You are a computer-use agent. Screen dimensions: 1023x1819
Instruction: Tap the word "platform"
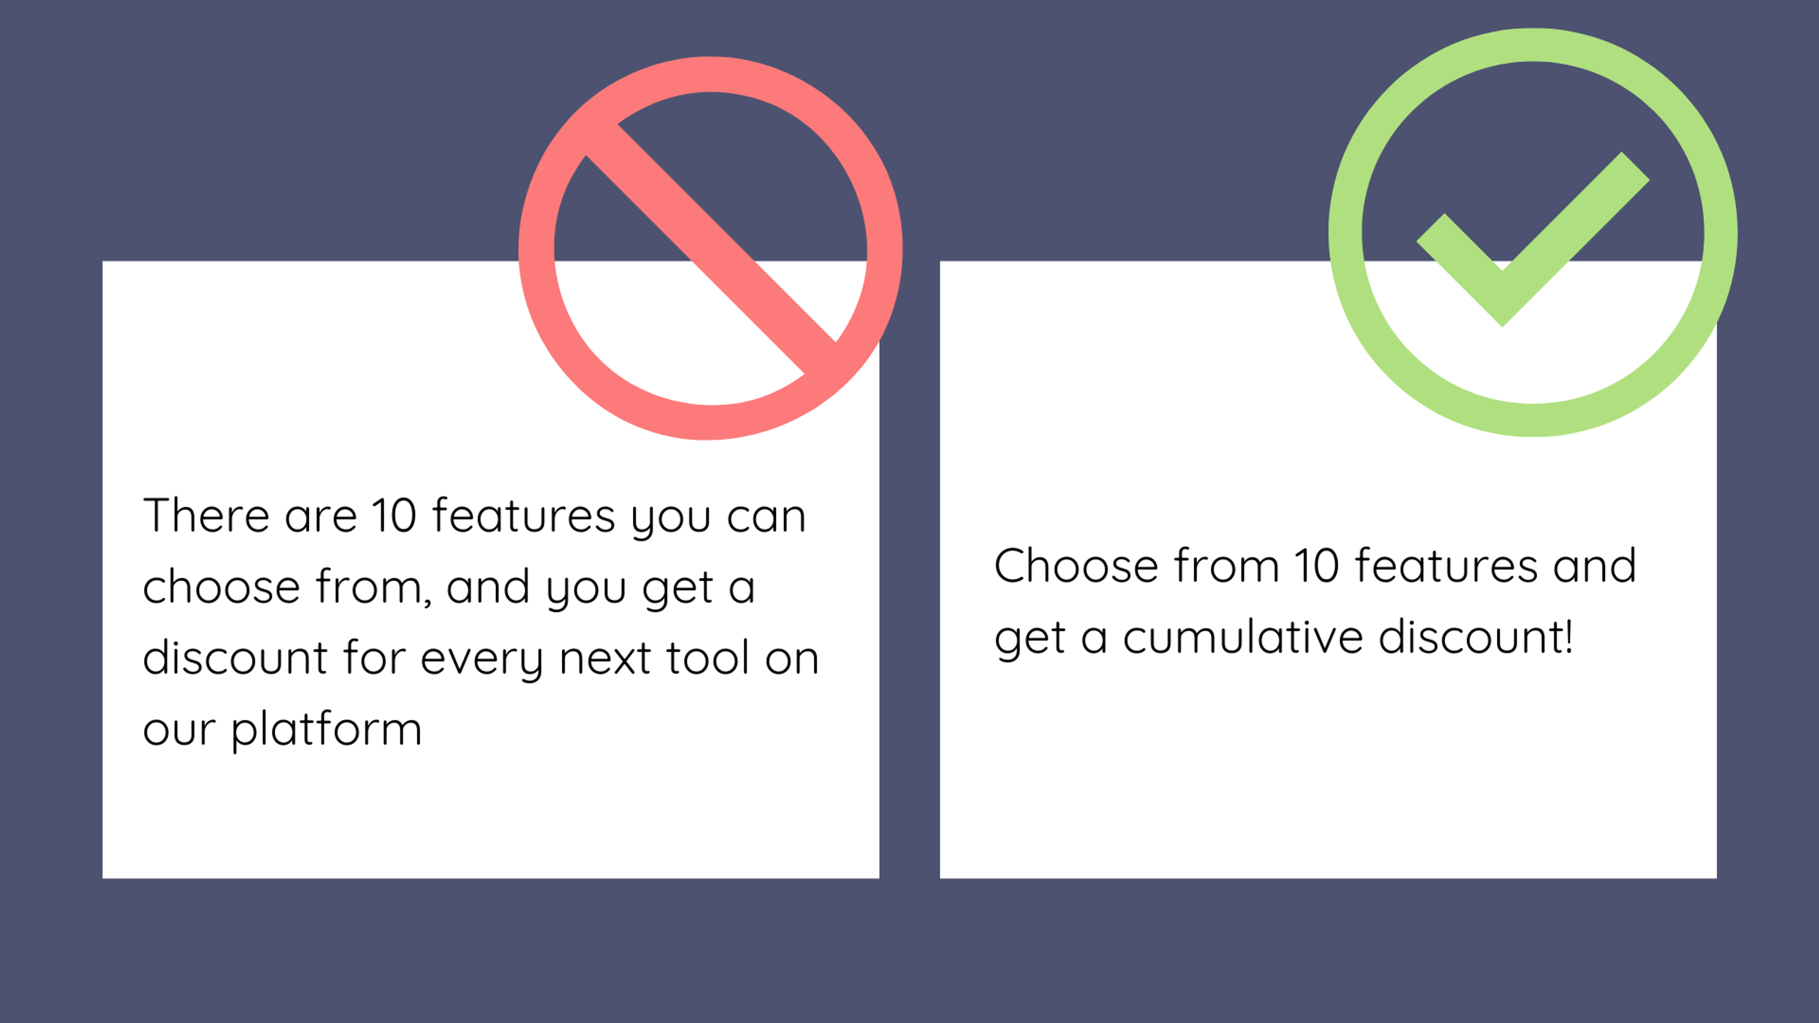(x=326, y=730)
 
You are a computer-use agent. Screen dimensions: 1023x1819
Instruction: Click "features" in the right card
(x=1446, y=566)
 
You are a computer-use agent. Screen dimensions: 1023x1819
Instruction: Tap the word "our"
(x=179, y=730)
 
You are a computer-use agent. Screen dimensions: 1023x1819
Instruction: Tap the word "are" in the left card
(x=321, y=517)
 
